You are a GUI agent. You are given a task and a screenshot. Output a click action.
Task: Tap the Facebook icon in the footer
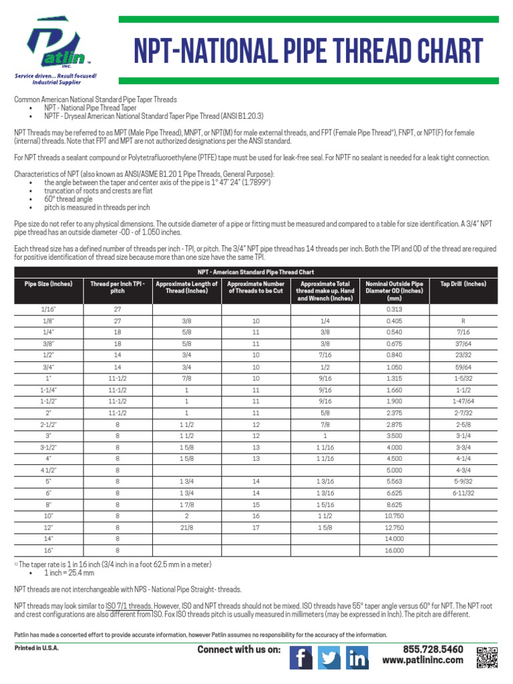[301, 659]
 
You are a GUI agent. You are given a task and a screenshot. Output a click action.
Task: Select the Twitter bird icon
[329, 659]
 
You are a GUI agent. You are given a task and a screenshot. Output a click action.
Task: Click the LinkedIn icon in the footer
[357, 659]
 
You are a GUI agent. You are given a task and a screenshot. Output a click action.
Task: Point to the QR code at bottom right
[488, 657]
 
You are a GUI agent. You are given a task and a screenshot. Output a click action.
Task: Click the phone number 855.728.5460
[432, 649]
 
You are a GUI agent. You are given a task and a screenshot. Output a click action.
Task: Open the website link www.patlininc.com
[422, 661]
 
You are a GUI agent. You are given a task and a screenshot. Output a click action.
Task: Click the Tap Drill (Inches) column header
[463, 284]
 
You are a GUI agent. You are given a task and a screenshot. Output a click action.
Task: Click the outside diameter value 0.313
[394, 309]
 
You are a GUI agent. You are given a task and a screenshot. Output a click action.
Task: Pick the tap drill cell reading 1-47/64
[463, 401]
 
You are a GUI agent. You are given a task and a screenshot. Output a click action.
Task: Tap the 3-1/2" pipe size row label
[47, 447]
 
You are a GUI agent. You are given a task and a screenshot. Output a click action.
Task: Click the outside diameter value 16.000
[394, 550]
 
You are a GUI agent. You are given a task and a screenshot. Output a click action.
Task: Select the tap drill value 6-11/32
[463, 492]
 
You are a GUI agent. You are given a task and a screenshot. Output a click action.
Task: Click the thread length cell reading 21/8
[186, 527]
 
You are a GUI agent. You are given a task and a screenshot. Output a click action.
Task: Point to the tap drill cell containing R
[463, 321]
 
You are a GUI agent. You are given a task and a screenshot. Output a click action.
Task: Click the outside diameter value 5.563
[394, 481]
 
